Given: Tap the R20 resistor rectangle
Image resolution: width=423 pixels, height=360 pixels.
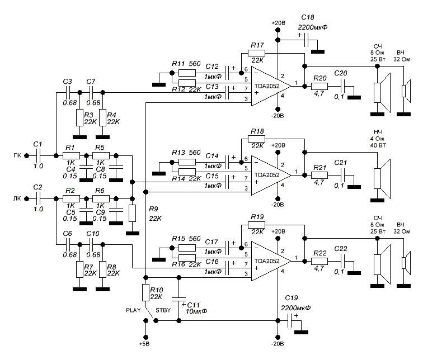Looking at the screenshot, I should coord(320,86).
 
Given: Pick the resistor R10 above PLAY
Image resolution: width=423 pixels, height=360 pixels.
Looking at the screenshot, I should coord(145,292).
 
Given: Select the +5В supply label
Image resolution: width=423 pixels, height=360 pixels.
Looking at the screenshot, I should coord(145,343).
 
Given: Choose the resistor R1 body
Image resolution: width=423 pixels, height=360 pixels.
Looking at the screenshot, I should coord(70,155).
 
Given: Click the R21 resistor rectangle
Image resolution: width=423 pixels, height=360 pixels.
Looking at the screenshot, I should coord(320,175).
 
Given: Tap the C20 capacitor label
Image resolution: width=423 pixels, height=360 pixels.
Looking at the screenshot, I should coord(340,73).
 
